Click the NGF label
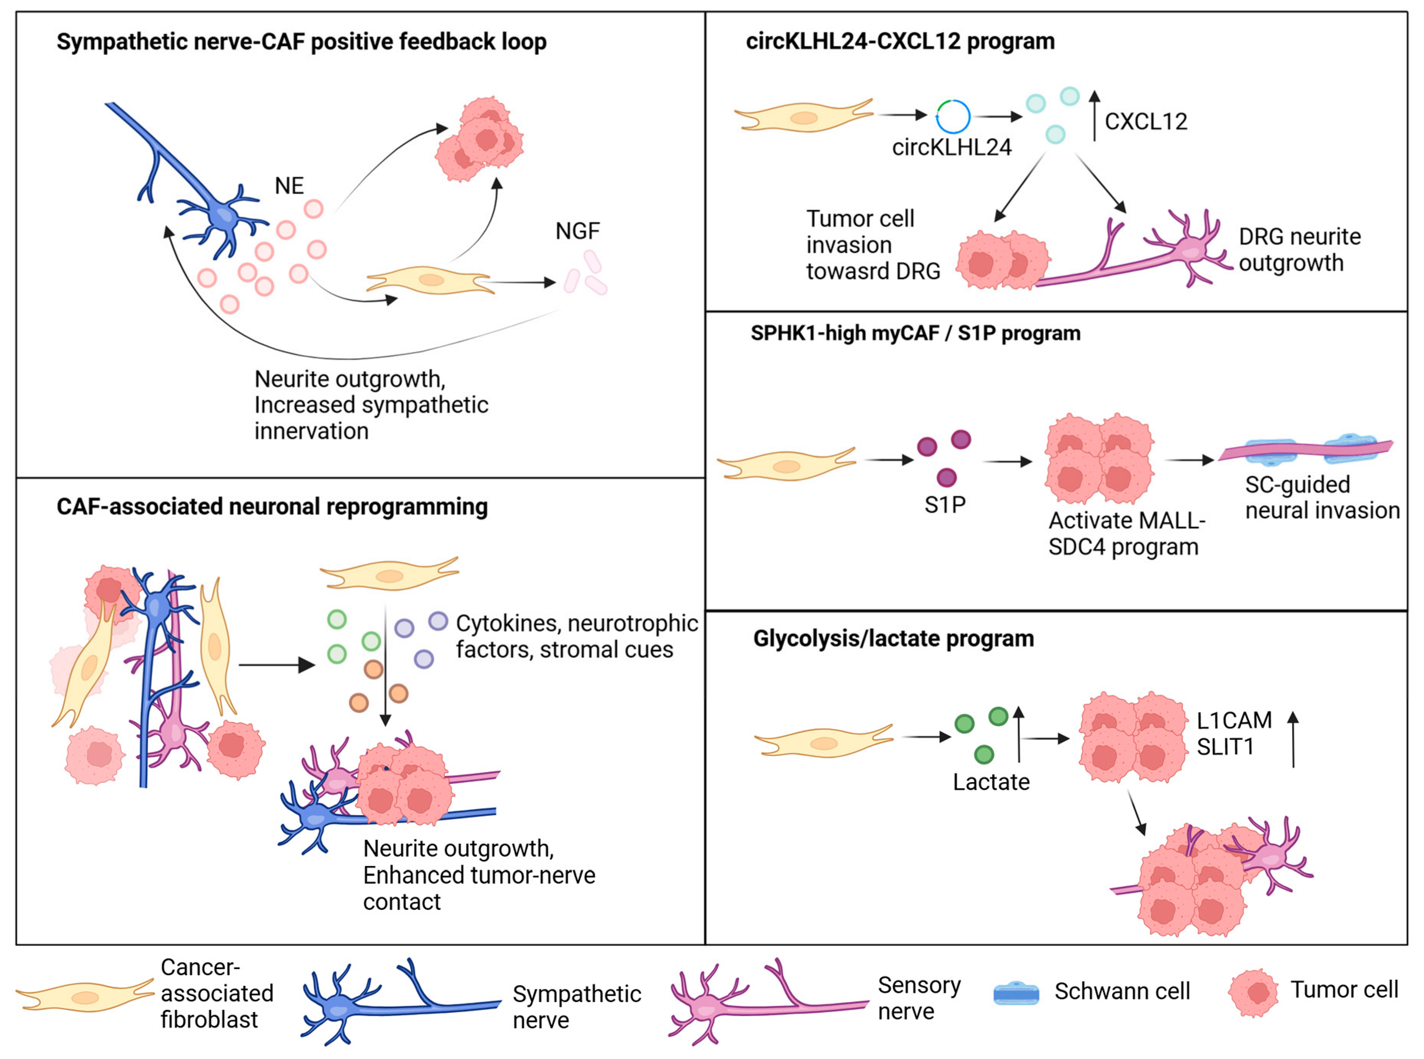(577, 231)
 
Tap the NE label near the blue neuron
(289, 186)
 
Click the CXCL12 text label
(1146, 121)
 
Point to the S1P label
(945, 505)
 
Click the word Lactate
(991, 782)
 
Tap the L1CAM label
(1234, 721)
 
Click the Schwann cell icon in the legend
(1016, 993)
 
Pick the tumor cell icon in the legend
(1253, 992)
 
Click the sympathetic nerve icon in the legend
(401, 1002)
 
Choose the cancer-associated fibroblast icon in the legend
(85, 997)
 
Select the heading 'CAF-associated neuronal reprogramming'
(272, 506)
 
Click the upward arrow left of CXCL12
(1095, 115)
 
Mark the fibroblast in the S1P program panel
(786, 464)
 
